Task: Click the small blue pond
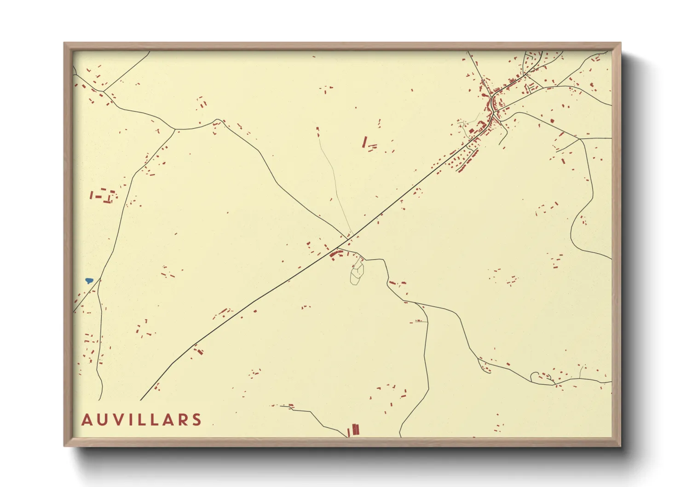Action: pos(89,280)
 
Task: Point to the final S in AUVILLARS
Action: pos(197,420)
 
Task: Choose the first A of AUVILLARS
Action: pos(87,420)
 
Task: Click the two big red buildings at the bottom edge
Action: pos(354,430)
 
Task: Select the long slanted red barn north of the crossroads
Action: pos(364,141)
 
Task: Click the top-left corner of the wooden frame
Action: pos(65,44)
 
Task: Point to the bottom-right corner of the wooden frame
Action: pos(620,446)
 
